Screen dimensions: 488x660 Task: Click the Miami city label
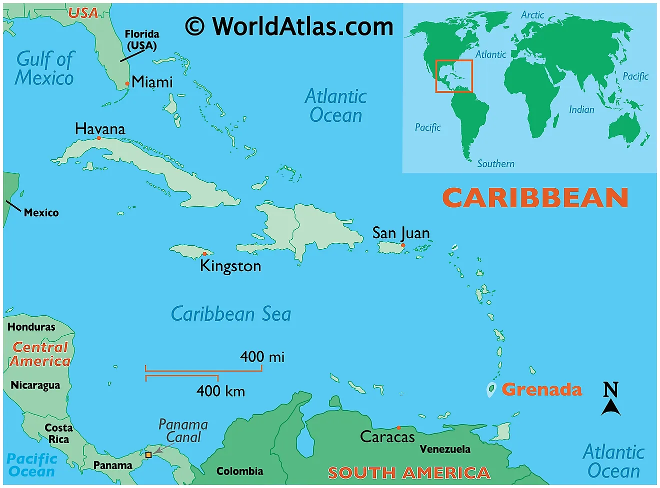pos(152,82)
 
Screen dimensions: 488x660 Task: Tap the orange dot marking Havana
pos(99,138)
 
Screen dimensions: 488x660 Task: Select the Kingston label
pos(230,266)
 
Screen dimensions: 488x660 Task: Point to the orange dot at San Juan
pos(403,245)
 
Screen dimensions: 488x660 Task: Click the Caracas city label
pos(387,437)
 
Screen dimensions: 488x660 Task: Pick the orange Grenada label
pos(541,389)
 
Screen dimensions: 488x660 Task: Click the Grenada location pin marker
pos(491,389)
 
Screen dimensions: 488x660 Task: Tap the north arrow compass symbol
pos(610,399)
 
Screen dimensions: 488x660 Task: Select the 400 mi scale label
pos(262,357)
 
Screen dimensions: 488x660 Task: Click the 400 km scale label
pos(220,391)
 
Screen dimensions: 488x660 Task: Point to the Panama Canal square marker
pos(148,455)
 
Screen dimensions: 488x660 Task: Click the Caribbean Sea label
pos(230,314)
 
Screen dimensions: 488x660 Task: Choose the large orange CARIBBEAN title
pos(535,198)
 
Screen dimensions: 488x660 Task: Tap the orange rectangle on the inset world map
pos(454,76)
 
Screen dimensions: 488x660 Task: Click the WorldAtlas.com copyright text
pos(289,26)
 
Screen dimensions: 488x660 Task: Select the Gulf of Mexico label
pos(44,68)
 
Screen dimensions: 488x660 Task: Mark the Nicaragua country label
pos(35,385)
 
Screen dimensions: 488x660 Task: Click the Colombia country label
pos(239,471)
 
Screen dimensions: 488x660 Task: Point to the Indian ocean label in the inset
pos(581,109)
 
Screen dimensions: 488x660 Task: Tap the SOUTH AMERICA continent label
pos(409,473)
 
